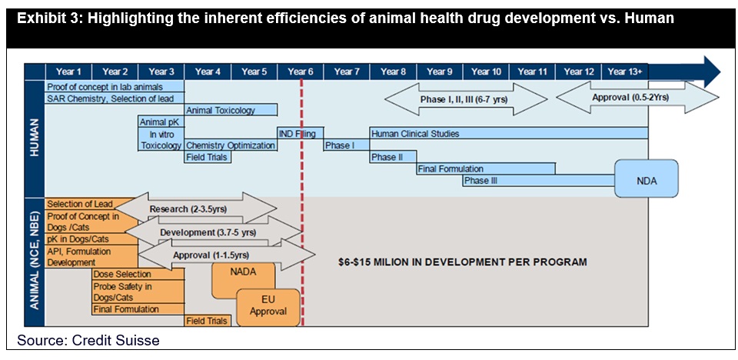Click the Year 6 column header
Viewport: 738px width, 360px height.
click(301, 72)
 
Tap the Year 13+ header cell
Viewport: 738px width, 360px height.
click(624, 72)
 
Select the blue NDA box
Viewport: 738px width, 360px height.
click(647, 178)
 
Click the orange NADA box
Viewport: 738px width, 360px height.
click(244, 281)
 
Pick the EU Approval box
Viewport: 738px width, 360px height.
click(268, 307)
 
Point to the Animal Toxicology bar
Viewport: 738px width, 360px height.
click(231, 110)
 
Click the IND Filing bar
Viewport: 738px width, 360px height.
click(301, 133)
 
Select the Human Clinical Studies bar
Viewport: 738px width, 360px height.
click(509, 133)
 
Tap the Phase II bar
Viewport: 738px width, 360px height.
click(393, 157)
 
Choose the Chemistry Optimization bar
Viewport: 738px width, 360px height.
click(231, 145)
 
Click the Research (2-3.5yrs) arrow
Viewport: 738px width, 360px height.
click(196, 209)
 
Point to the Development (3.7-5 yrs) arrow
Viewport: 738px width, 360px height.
click(213, 232)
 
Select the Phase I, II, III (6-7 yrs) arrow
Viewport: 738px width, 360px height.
click(467, 99)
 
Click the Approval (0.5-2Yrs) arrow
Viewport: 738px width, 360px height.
click(637, 98)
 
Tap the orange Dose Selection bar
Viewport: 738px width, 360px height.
click(138, 274)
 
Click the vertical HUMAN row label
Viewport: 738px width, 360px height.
click(35, 138)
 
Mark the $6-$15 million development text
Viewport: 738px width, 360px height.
click(462, 262)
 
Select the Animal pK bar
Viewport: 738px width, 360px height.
click(161, 122)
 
